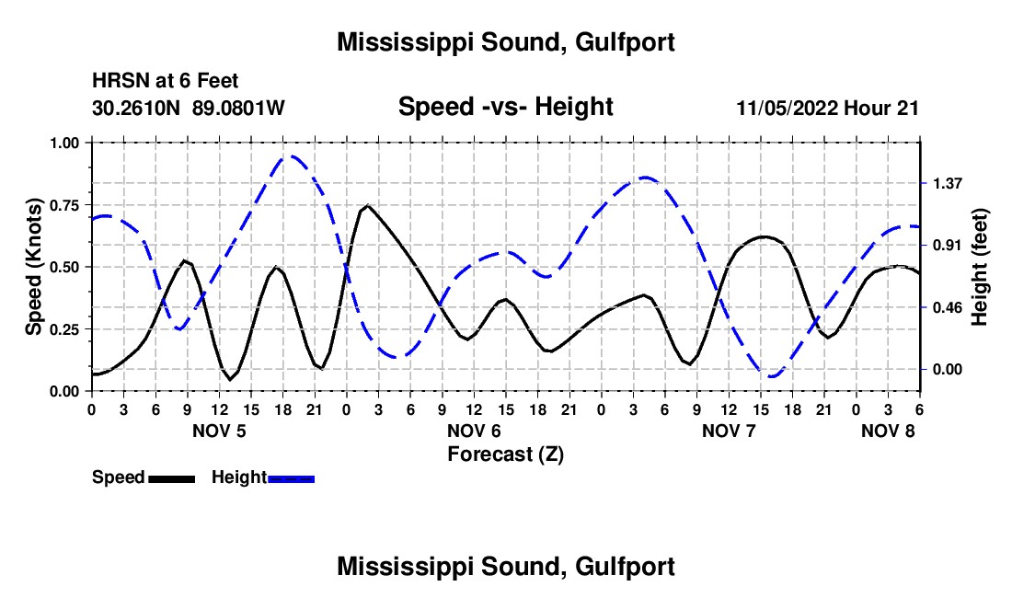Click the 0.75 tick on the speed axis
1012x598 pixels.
click(x=71, y=205)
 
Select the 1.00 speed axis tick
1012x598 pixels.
click(x=71, y=143)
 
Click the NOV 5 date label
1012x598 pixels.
click(x=219, y=431)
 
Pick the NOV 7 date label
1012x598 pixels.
click(x=729, y=431)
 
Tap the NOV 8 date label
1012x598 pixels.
click(x=888, y=431)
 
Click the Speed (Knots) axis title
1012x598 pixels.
click(x=34, y=267)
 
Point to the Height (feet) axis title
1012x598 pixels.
click(x=979, y=267)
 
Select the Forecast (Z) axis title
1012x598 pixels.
click(x=505, y=454)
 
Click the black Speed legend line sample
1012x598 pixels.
click(x=171, y=478)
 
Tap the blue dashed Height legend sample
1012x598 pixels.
click(x=291, y=478)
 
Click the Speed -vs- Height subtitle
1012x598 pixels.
click(x=505, y=107)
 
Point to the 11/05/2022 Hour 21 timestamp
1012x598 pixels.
click(x=828, y=109)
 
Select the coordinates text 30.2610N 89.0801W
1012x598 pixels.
click(x=189, y=109)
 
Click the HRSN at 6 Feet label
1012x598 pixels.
click(x=166, y=82)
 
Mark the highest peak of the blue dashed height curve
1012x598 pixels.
click(x=291, y=156)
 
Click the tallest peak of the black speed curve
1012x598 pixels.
click(x=368, y=205)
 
